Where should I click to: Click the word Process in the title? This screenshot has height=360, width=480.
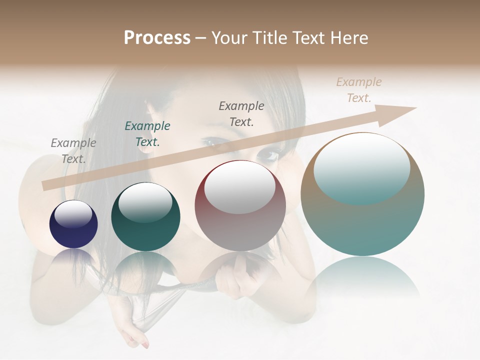point(157,38)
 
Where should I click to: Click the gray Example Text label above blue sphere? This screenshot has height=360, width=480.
point(73,150)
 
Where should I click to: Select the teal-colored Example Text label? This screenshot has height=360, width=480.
point(147,133)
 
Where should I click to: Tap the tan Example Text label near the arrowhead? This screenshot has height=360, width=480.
point(359,89)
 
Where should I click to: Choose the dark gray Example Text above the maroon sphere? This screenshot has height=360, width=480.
point(241,113)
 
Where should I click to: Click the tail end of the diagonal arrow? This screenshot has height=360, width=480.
point(46,185)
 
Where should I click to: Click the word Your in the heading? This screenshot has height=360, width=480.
point(228,38)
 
